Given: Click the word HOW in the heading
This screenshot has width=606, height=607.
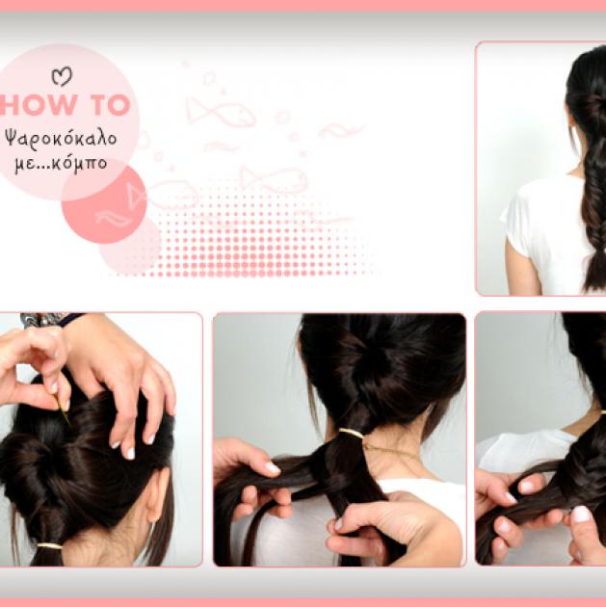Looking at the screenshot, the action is pos(38,105).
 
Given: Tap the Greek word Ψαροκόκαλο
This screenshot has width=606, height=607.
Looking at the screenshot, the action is pos(61,139).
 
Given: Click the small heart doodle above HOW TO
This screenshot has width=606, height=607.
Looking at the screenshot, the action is pos(62,76).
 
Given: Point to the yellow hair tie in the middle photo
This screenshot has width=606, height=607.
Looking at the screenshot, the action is pos(352,433).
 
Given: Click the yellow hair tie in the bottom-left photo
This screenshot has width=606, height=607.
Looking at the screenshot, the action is pos(49,546).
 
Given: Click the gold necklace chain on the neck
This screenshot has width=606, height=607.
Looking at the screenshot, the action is pos(391,451).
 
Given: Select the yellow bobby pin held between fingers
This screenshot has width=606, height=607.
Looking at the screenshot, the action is pos(63,411).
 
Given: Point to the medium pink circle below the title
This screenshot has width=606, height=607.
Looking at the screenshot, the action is pos(104,204).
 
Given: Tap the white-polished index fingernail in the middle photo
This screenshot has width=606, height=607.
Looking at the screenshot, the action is pos(272,469).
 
